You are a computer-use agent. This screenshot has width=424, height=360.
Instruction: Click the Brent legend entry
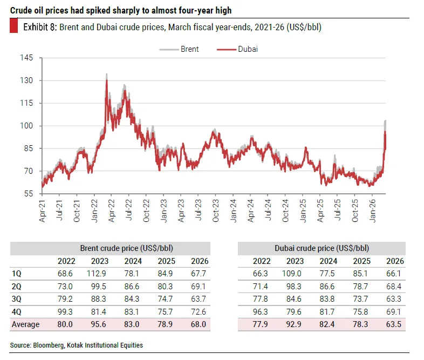coord(189,49)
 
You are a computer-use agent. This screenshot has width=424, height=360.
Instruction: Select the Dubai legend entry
coord(248,49)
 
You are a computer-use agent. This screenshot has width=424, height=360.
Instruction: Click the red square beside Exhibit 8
coord(14,27)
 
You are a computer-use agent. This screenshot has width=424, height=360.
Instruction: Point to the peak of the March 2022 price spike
coord(106,74)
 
